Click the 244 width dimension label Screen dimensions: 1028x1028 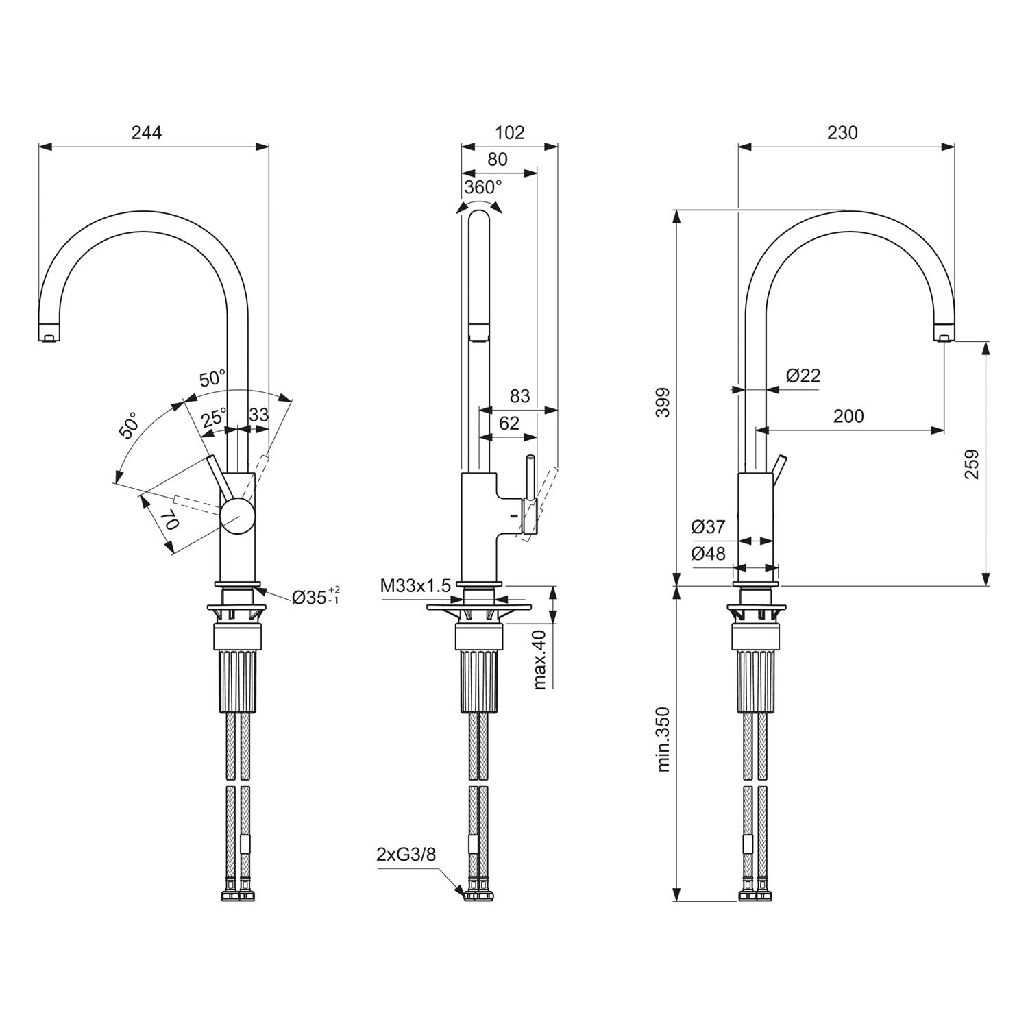(147, 133)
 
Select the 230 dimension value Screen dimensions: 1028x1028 (842, 132)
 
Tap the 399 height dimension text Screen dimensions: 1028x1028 (662, 402)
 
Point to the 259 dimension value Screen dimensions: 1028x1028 (971, 464)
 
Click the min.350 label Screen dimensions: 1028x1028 (663, 739)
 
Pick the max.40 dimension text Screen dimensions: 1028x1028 (540, 659)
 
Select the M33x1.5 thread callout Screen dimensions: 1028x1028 (415, 586)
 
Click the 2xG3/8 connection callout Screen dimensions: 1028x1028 (406, 855)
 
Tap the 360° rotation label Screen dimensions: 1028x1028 (483, 187)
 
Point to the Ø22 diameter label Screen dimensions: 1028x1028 (803, 376)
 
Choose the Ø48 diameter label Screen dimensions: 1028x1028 (708, 554)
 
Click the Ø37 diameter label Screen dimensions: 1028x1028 (708, 527)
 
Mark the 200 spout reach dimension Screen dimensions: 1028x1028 (848, 416)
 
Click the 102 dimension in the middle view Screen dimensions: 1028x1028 (509, 132)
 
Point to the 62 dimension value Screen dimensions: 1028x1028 (509, 424)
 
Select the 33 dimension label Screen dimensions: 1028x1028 (259, 415)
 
